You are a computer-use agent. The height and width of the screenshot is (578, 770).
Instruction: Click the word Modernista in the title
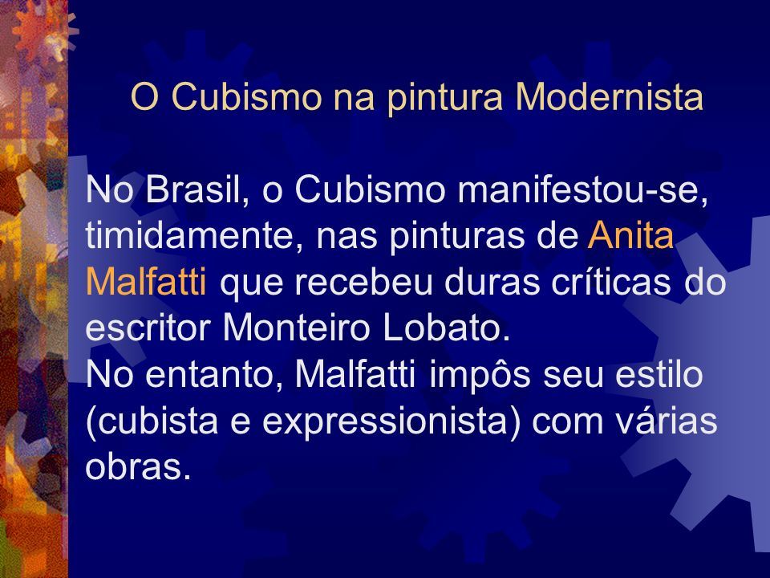click(609, 96)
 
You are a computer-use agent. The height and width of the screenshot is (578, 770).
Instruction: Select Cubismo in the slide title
click(246, 96)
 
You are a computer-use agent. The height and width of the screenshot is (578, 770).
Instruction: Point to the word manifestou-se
click(583, 190)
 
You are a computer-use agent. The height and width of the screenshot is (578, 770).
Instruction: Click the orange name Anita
click(630, 235)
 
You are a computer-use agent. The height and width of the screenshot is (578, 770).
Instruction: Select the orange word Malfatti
click(146, 281)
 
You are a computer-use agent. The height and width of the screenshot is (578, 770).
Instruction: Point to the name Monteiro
click(296, 328)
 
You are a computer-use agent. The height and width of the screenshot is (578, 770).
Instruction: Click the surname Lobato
click(446, 328)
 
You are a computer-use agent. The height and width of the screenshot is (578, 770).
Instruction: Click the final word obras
click(137, 466)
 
